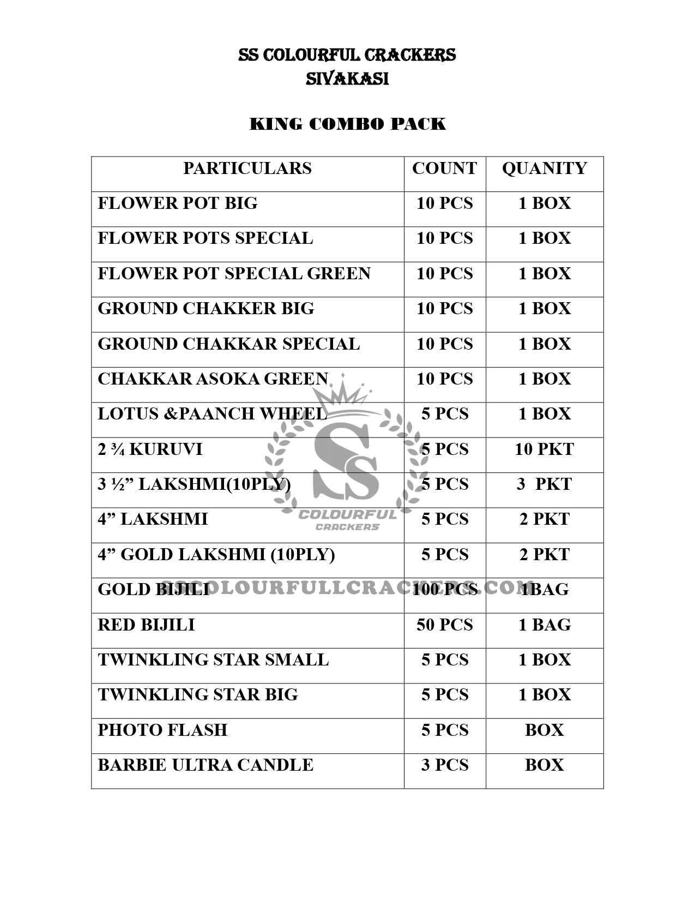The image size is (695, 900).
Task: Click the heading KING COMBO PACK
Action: pyautogui.click(x=347, y=124)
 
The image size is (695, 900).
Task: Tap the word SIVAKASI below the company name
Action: pyautogui.click(x=347, y=79)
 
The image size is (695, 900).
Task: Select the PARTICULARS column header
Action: pyautogui.click(x=247, y=169)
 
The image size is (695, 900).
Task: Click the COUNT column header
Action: pyautogui.click(x=444, y=169)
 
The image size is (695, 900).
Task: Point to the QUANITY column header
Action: pyautogui.click(x=544, y=169)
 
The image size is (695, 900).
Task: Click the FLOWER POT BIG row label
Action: pyautogui.click(x=178, y=203)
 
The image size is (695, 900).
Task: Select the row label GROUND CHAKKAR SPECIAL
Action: pyautogui.click(x=229, y=344)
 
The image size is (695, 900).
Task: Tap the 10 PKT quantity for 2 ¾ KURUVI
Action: pyautogui.click(x=544, y=449)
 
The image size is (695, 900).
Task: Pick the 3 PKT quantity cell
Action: pyautogui.click(x=544, y=484)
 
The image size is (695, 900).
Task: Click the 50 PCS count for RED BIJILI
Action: pyautogui.click(x=444, y=625)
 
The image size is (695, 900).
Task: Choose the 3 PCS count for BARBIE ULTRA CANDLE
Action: pyautogui.click(x=444, y=765)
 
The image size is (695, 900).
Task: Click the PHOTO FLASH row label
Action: pyautogui.click(x=162, y=730)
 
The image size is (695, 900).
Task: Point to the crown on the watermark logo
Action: pyautogui.click(x=342, y=394)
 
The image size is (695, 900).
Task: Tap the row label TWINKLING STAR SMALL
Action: pyautogui.click(x=213, y=660)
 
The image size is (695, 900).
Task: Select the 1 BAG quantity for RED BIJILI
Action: pyautogui.click(x=544, y=625)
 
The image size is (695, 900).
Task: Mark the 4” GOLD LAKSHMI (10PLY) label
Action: pyautogui.click(x=216, y=555)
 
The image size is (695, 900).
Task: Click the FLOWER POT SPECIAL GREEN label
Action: pyautogui.click(x=234, y=274)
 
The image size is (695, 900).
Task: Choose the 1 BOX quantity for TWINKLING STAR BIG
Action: pyautogui.click(x=544, y=695)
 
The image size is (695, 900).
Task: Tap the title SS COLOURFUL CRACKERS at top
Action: pyautogui.click(x=347, y=55)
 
